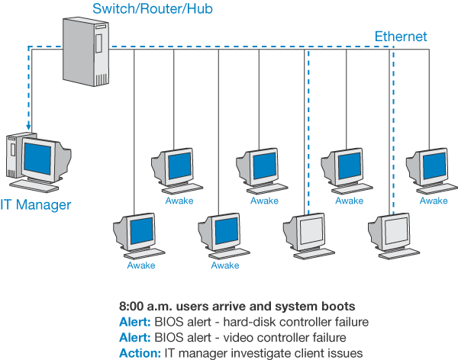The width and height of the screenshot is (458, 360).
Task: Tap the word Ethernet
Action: [400, 37]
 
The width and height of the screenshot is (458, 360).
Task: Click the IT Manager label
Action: [36, 204]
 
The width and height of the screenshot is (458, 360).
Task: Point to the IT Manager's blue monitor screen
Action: [37, 157]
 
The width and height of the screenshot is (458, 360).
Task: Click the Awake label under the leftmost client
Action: [141, 265]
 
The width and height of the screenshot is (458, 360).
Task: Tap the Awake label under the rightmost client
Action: [434, 201]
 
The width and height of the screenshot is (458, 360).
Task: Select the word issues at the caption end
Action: [343, 352]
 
